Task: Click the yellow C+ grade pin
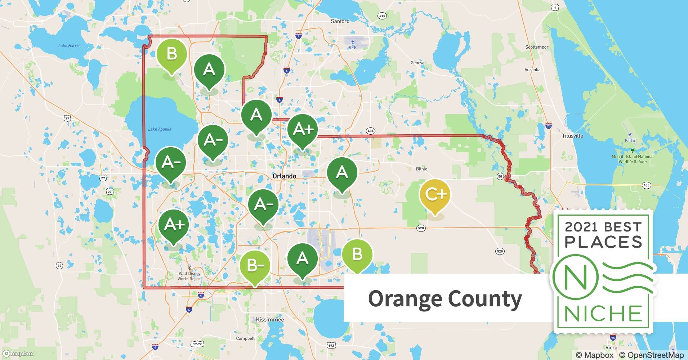coord(435,195)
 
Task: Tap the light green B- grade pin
coord(255,266)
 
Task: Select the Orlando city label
coord(284,176)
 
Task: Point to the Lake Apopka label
coord(160,129)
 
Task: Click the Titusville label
coord(572,136)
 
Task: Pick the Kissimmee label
coord(270,320)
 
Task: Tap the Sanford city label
coord(340,21)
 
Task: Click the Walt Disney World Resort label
coord(190,276)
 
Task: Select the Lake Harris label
coord(69,46)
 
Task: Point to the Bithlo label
coord(421,169)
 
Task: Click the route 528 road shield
coord(421,228)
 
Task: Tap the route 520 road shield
coord(500,251)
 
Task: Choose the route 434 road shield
coord(370,131)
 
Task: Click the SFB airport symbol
coord(352,42)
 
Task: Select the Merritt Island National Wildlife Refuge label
coord(633,159)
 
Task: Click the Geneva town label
coord(417,63)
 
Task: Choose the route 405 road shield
coord(646,185)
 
